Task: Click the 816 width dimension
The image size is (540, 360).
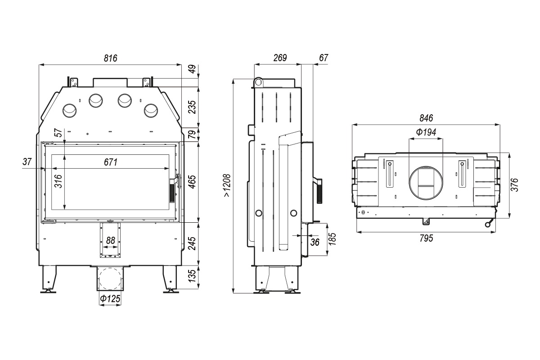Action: click(110, 58)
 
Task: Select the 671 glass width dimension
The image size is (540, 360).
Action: click(110, 162)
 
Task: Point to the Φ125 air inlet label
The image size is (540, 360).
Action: click(110, 298)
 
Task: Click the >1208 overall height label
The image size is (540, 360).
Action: click(227, 186)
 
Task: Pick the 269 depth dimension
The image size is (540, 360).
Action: click(279, 58)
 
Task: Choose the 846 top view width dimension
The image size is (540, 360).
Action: click(426, 118)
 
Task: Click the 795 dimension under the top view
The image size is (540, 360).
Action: click(426, 238)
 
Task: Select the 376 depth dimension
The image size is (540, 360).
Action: click(515, 185)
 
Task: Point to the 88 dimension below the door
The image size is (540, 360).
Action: click(110, 240)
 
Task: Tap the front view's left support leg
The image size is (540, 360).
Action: click(48, 279)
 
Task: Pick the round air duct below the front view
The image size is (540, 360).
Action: click(110, 279)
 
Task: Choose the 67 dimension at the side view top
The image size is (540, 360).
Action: click(323, 58)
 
